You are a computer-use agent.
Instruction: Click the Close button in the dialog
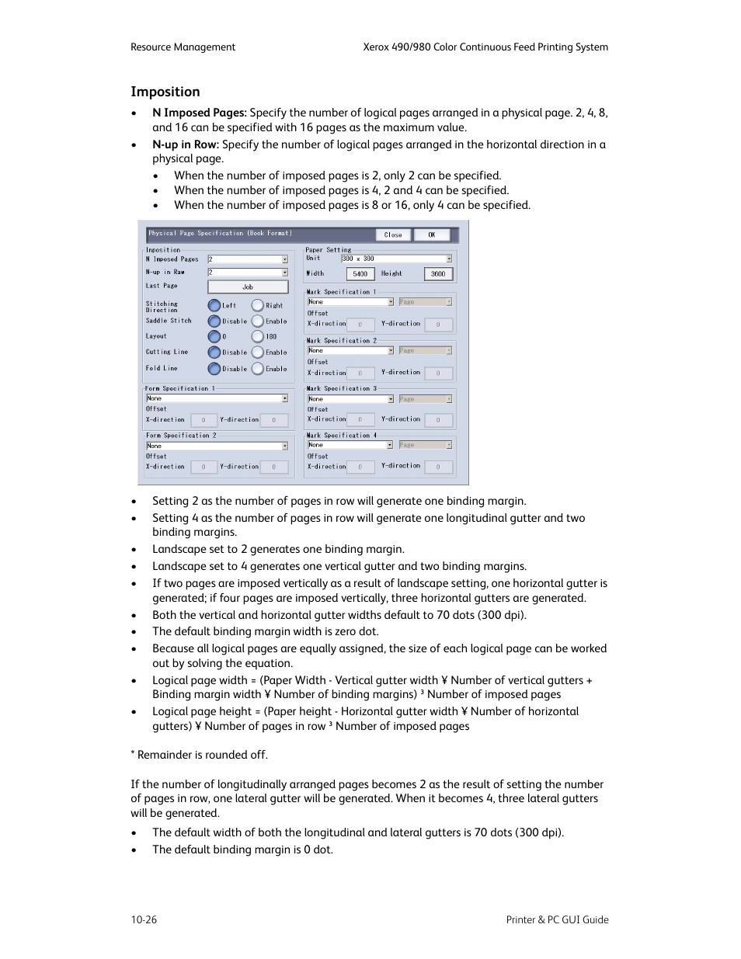(x=393, y=235)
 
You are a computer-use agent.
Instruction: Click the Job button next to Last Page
(x=248, y=287)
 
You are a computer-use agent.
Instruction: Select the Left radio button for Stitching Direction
(x=214, y=305)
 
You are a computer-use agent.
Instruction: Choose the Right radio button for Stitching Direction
(x=258, y=305)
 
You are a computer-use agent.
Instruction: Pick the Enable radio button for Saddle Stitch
(x=258, y=321)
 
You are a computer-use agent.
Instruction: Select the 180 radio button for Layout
(x=258, y=336)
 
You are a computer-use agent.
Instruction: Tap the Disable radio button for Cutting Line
(x=214, y=352)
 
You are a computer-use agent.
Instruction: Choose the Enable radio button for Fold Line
(x=258, y=369)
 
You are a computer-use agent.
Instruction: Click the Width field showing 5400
(x=360, y=273)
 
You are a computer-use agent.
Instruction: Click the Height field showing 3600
(x=438, y=273)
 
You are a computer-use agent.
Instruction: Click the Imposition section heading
(x=165, y=92)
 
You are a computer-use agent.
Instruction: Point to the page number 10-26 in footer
(x=144, y=919)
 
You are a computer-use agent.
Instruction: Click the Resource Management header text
(x=183, y=47)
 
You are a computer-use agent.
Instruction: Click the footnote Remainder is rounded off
(x=200, y=755)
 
